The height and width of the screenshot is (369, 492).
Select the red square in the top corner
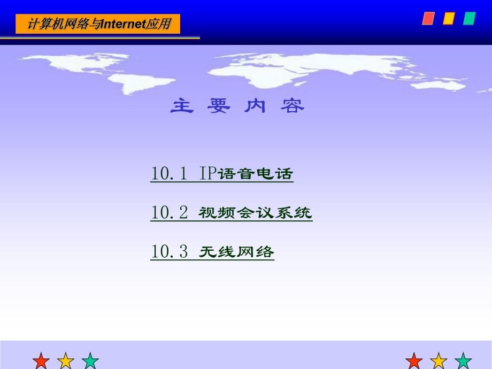pos(428,19)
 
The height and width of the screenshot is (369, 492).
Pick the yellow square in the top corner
pos(449,19)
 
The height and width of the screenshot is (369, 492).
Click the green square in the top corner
pos(470,19)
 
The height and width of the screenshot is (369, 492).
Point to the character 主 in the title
pos(182,106)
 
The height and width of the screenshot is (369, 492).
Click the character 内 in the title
pos(256,106)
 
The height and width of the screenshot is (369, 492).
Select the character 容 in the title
pos(293,106)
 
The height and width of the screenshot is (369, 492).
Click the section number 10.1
pos(169,174)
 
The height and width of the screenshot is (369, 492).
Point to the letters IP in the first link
pos(207,174)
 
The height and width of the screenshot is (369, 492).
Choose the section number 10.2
pos(170,213)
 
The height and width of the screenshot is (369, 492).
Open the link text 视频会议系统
pos(256,213)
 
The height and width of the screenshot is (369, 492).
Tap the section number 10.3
pos(170,252)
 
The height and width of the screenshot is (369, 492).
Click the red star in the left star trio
pos(41,361)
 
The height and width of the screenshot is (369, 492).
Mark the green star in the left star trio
pos(90,361)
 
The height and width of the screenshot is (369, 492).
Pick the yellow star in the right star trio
pos(439,361)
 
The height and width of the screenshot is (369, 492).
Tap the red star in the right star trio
pos(414,361)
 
